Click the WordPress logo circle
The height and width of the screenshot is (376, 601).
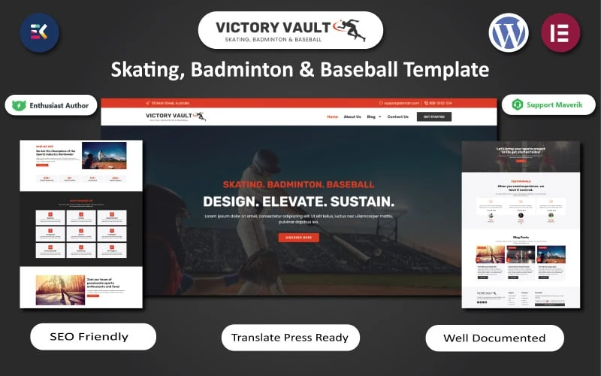pyautogui.click(x=509, y=32)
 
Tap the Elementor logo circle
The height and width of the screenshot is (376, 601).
pyautogui.click(x=560, y=32)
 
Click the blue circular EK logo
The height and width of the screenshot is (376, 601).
pyautogui.click(x=39, y=32)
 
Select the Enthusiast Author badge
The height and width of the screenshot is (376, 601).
pyautogui.click(x=51, y=105)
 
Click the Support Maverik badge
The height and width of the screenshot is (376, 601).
pyautogui.click(x=548, y=105)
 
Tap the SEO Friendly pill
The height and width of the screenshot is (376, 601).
pyautogui.click(x=93, y=337)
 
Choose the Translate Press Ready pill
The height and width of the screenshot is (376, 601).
pyautogui.click(x=290, y=338)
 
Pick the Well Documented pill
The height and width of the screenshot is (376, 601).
pyautogui.click(x=494, y=338)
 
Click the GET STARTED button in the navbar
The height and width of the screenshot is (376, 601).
pyautogui.click(x=434, y=117)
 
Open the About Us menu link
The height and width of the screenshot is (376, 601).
pyautogui.click(x=352, y=117)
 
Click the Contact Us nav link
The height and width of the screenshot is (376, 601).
pyautogui.click(x=398, y=117)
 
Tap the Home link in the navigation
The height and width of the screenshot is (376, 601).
pyautogui.click(x=333, y=117)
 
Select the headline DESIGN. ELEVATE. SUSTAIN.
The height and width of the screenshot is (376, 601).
pyautogui.click(x=298, y=202)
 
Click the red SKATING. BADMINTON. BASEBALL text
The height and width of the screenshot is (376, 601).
pyautogui.click(x=298, y=184)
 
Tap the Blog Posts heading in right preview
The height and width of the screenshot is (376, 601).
pyautogui.click(x=521, y=237)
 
